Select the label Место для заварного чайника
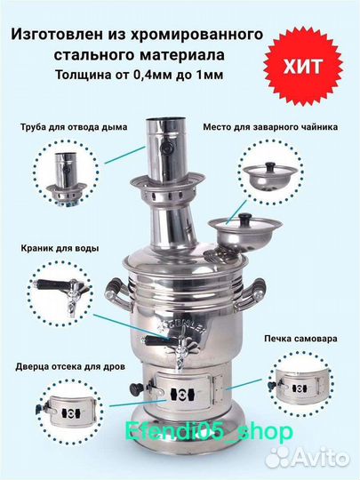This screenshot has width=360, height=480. point(270,127)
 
